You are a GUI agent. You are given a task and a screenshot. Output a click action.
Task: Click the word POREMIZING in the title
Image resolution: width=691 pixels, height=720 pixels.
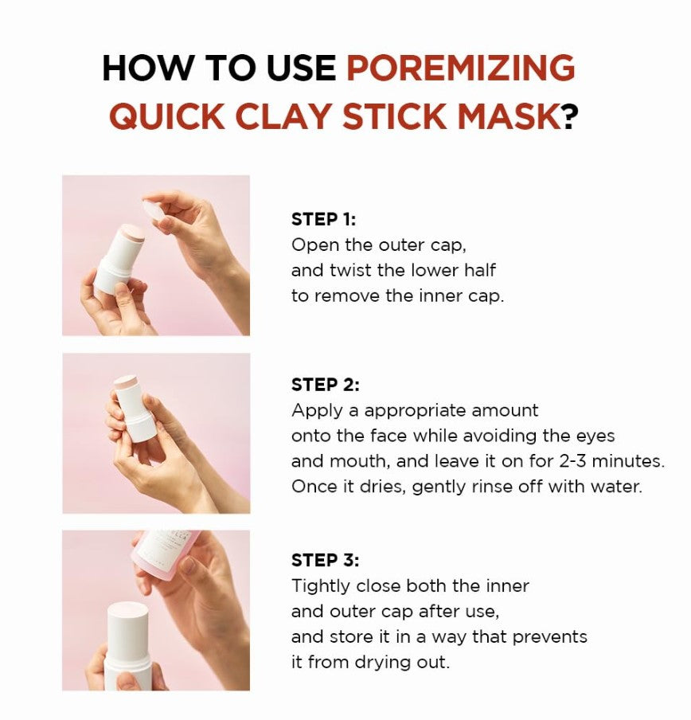460,68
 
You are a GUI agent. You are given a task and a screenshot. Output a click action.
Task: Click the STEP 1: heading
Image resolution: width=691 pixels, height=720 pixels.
323,220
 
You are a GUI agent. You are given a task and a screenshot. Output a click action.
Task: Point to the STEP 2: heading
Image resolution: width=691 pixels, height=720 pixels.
326,385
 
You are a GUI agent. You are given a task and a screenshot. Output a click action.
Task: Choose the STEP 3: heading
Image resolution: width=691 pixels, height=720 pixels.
326,560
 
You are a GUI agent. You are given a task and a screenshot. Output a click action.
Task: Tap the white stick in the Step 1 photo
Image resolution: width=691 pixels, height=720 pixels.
120,260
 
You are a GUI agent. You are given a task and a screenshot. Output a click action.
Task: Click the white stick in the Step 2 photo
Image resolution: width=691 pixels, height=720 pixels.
134,409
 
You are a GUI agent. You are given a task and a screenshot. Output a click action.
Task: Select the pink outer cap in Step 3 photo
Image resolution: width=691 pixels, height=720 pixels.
167,551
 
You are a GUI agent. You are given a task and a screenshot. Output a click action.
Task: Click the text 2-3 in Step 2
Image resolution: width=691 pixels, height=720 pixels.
573,460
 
